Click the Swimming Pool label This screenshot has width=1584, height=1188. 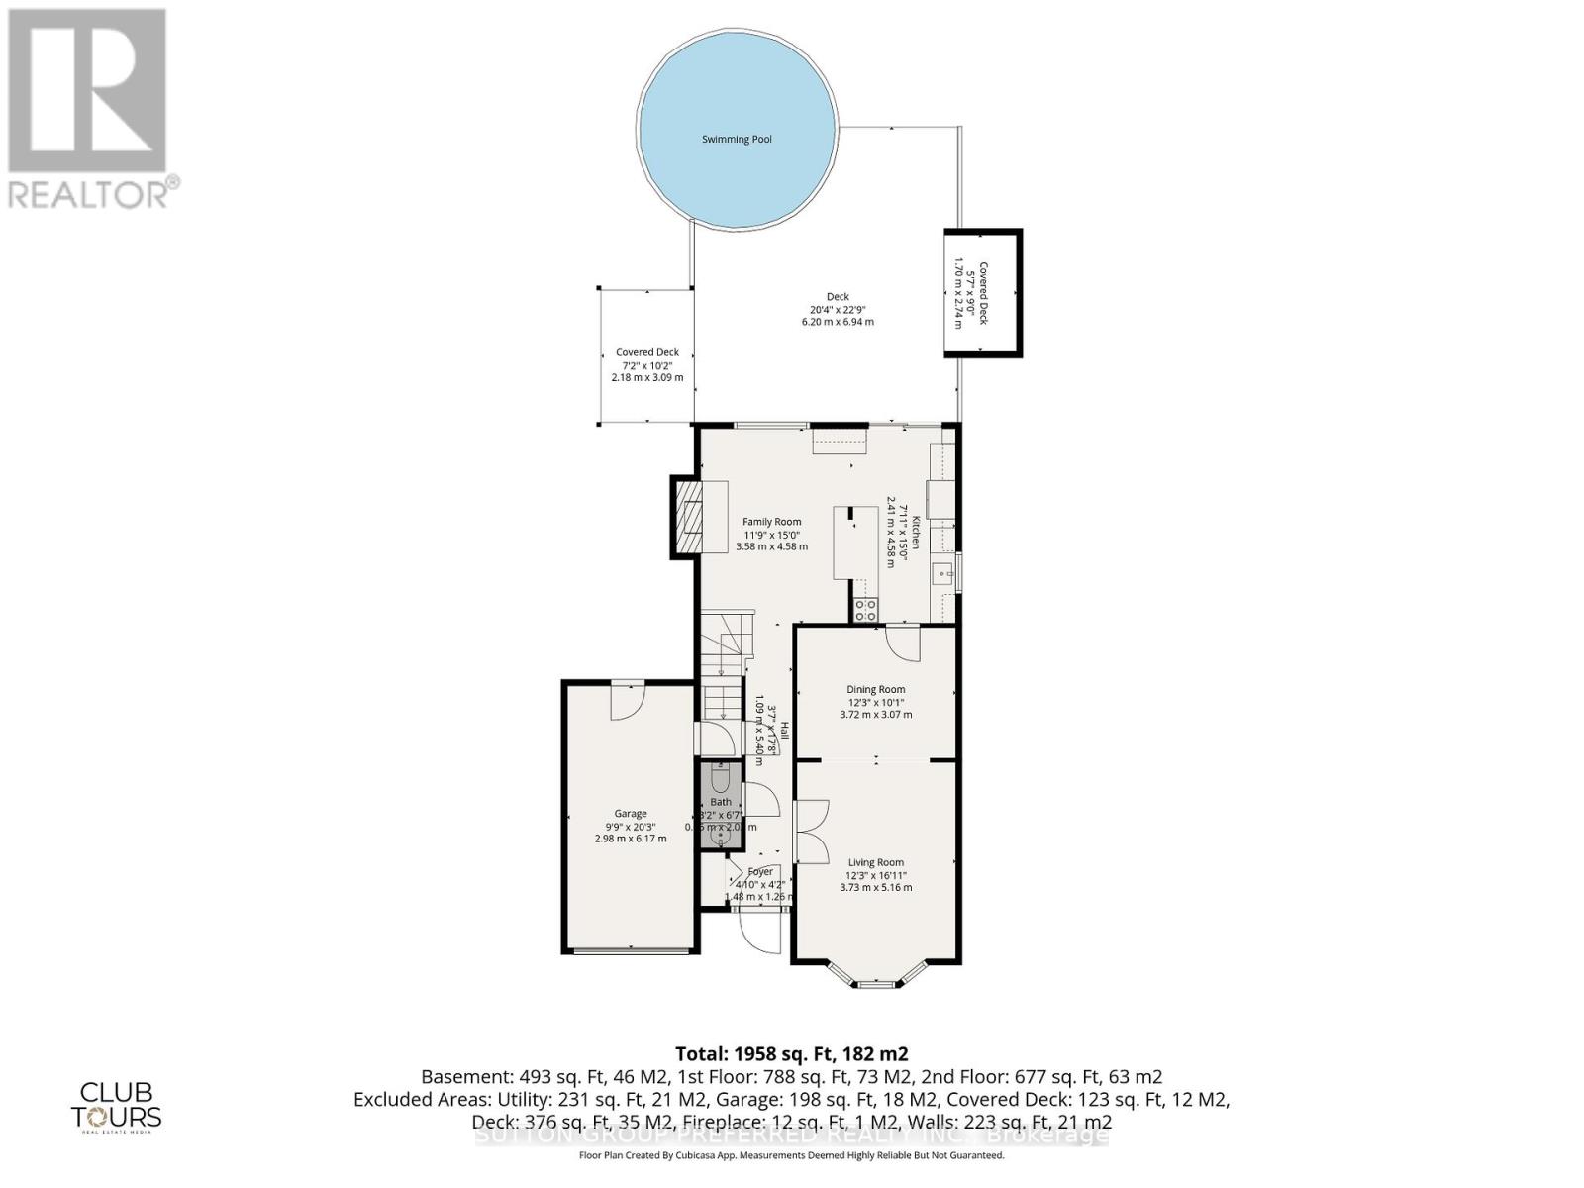click(737, 140)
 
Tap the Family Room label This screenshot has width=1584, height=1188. click(772, 522)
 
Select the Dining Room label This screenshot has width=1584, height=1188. click(875, 690)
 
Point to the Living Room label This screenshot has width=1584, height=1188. click(875, 862)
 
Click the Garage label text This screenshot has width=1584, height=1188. click(631, 814)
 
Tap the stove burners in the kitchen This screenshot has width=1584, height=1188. click(865, 610)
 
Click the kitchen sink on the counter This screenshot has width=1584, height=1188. click(942, 573)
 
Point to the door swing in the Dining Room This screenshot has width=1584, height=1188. click(903, 643)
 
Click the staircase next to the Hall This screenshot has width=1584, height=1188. click(723, 673)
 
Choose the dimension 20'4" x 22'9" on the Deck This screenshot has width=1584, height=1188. click(838, 309)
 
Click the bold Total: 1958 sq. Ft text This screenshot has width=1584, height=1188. click(791, 1053)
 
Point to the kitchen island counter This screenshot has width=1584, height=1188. click(855, 542)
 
